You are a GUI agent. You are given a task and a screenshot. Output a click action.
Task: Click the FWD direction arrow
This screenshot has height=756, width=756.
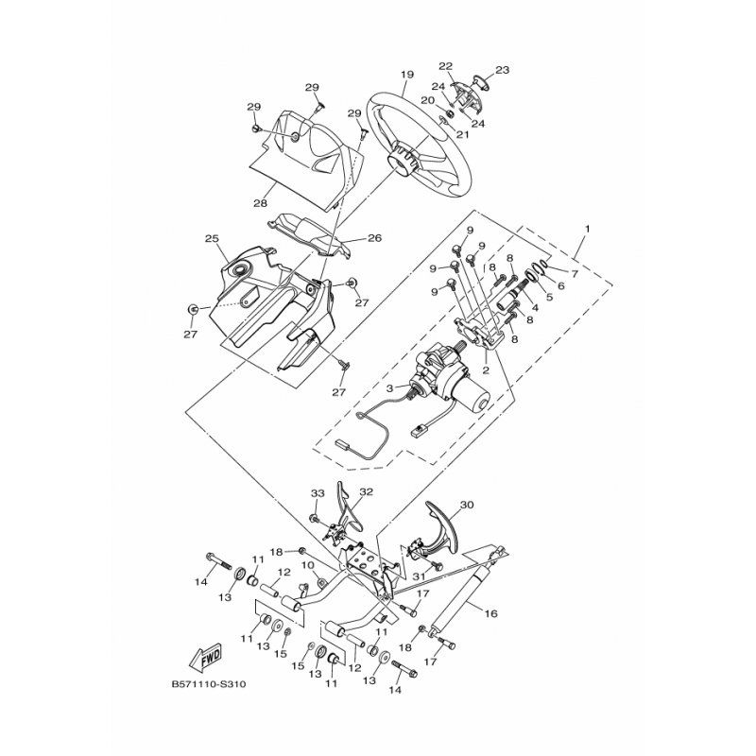coord(206,656)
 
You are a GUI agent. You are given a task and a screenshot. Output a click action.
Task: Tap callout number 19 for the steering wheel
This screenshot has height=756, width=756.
coord(407,75)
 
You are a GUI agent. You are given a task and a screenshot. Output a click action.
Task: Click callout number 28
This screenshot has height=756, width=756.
coord(261,203)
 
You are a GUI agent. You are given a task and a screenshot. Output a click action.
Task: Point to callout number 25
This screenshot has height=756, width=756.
coord(212,238)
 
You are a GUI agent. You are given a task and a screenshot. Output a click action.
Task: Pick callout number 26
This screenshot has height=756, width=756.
coord(374,238)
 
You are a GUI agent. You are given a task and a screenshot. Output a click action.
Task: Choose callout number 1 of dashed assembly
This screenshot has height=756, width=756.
coord(587,227)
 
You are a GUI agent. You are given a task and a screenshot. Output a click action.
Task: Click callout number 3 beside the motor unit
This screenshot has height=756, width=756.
coord(391,387)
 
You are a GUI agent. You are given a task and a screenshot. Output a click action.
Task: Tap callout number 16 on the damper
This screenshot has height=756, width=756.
coord(490,613)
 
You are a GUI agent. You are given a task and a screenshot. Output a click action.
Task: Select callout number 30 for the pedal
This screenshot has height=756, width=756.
coord(467,505)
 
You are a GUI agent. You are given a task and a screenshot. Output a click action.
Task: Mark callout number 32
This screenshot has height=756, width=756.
coord(367,491)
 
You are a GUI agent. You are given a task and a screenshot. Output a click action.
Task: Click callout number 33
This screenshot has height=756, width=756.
coord(318,493)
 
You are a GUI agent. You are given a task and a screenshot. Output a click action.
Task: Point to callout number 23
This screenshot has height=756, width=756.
coord(503,70)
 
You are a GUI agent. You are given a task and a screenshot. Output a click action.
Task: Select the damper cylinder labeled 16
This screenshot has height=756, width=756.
coord(457,598)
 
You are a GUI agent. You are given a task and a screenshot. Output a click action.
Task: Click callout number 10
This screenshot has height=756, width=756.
coord(308,564)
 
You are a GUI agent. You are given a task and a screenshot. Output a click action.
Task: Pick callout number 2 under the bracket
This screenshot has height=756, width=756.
coord(486,370)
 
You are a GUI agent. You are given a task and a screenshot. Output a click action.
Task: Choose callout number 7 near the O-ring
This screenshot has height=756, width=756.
coord(575,274)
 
